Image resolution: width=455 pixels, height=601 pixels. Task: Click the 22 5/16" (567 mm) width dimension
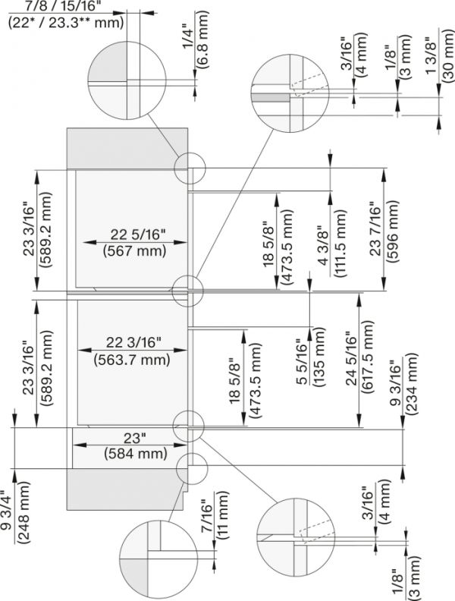coord(134,241)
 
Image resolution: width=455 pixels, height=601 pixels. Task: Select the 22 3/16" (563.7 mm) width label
coord(134,351)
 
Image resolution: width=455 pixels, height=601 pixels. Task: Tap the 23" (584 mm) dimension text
coord(134,446)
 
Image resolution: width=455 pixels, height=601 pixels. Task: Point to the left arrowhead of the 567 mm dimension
coord(86,243)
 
